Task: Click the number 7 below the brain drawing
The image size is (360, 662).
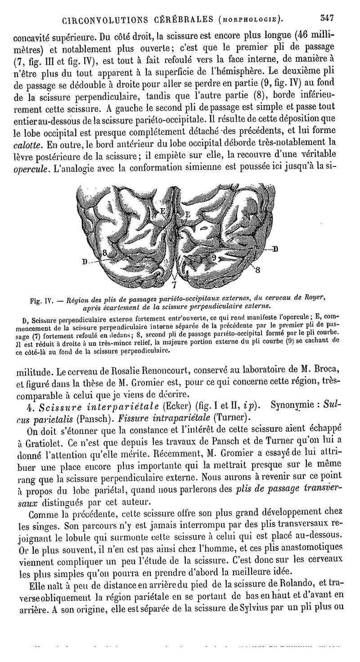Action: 174,285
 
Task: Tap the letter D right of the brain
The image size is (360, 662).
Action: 274,248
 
